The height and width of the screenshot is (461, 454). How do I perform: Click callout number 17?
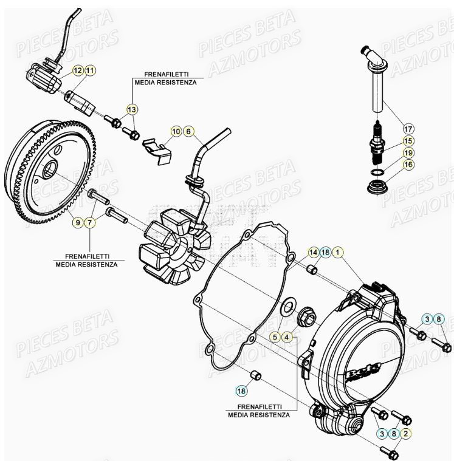[408, 129]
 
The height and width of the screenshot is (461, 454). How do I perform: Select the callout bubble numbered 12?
[78, 71]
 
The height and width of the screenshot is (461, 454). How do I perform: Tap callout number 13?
[132, 109]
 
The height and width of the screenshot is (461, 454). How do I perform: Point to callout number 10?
[176, 131]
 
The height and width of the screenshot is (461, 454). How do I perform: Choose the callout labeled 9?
[78, 223]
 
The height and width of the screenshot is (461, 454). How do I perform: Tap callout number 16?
[408, 164]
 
